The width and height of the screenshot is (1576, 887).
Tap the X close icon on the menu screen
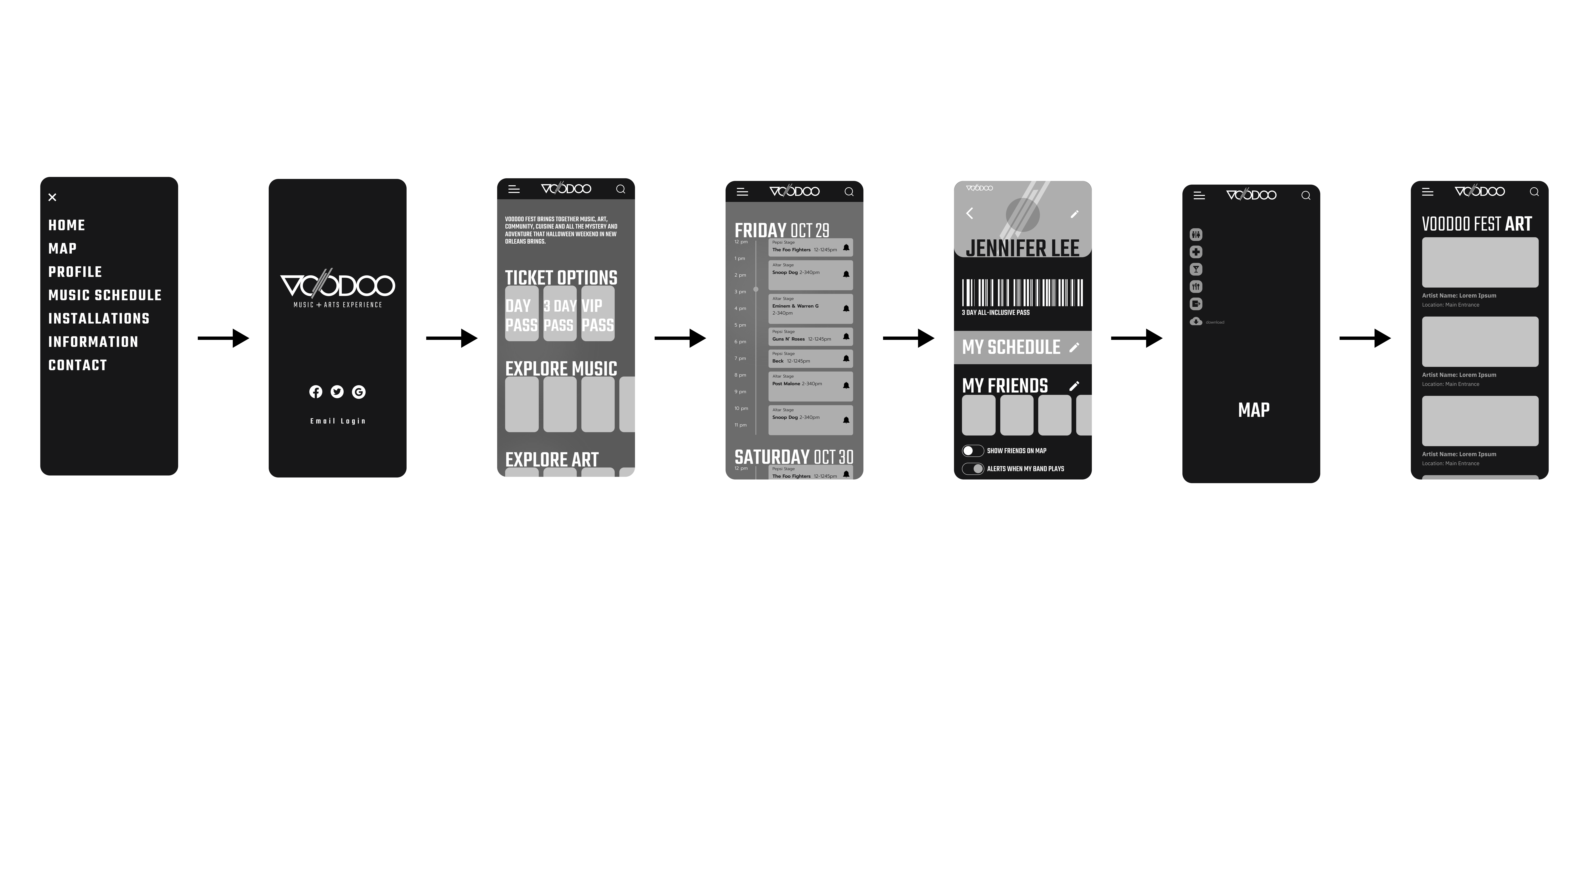tap(52, 197)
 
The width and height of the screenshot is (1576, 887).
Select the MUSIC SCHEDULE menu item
tap(105, 295)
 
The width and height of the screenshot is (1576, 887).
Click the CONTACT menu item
tap(78, 366)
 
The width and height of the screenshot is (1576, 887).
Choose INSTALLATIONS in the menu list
tap(99, 318)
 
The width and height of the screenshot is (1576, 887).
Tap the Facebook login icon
tap(316, 392)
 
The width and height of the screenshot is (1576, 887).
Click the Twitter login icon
tap(337, 392)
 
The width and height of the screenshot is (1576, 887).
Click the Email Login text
tap(338, 421)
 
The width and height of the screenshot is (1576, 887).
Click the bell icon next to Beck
tap(846, 359)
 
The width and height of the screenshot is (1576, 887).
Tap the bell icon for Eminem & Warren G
tap(846, 309)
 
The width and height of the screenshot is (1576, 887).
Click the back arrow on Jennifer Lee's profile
tap(970, 213)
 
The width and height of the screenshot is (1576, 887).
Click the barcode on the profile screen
tap(1022, 293)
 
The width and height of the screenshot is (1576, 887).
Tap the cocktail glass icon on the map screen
tap(1196, 269)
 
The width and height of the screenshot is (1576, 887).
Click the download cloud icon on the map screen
tap(1196, 321)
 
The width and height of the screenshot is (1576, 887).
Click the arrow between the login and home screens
tap(452, 338)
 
